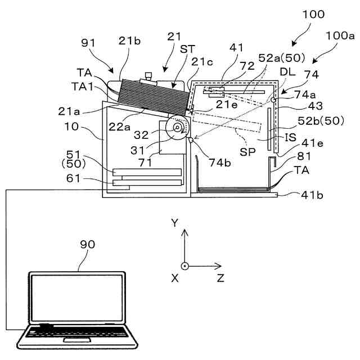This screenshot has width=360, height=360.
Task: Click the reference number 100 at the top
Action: pyautogui.click(x=313, y=15)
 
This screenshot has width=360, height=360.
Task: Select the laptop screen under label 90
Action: pyautogui.click(x=78, y=299)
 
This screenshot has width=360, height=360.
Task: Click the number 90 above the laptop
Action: pyautogui.click(x=87, y=244)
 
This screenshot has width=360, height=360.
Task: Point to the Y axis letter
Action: pyautogui.click(x=175, y=223)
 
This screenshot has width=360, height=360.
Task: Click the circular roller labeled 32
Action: pyautogui.click(x=178, y=128)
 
